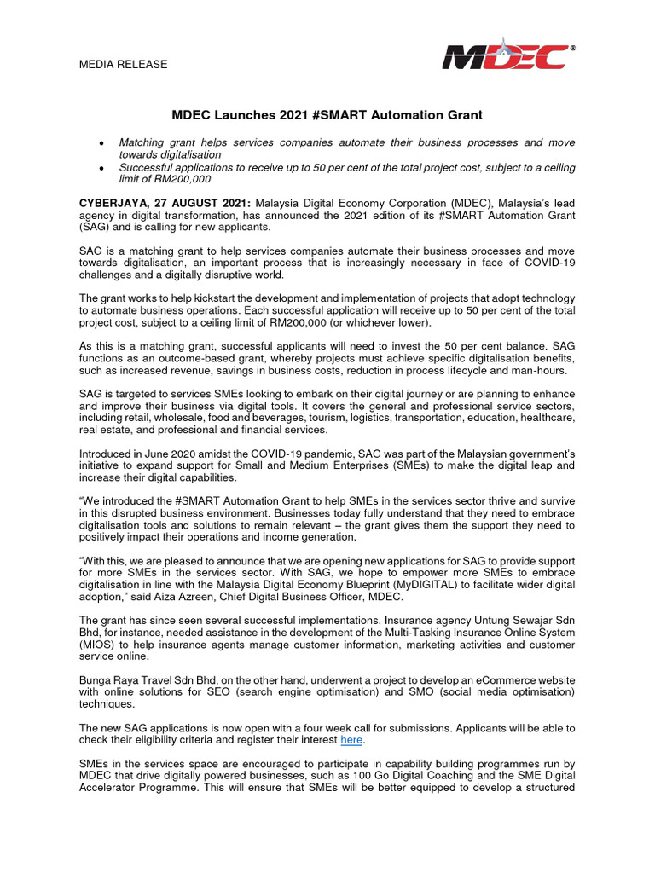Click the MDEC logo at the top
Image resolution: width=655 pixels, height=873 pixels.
click(x=505, y=54)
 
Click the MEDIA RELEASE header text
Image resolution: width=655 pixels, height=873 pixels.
click(x=123, y=65)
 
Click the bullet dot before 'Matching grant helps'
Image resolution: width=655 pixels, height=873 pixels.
click(x=102, y=142)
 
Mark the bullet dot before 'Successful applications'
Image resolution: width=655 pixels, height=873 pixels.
click(x=102, y=167)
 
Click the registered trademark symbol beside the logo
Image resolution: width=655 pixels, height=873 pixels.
click(x=572, y=49)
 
